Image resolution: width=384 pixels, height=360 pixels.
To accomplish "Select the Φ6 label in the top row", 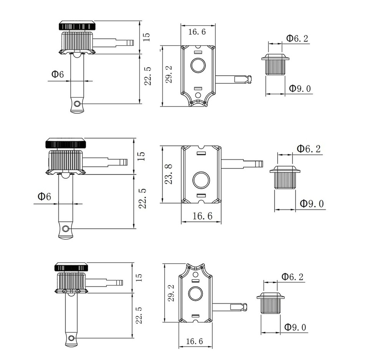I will [56, 74].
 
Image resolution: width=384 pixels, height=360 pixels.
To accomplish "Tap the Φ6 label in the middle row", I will [44, 196].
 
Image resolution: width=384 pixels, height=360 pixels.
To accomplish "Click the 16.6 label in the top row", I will [197, 32].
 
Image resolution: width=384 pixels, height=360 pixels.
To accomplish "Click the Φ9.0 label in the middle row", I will [312, 203].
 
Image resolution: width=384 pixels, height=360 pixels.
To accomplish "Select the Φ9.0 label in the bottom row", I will [296, 327].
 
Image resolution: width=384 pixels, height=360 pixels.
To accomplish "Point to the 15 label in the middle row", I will [141, 156].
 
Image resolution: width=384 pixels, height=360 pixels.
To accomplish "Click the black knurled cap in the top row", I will [78, 26].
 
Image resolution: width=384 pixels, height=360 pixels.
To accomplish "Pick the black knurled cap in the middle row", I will [66, 144].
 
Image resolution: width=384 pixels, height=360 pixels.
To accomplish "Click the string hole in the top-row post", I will [78, 104].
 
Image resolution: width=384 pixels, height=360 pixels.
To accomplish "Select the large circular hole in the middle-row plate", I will [201, 180].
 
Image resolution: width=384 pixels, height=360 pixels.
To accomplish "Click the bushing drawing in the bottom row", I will [271, 304].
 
